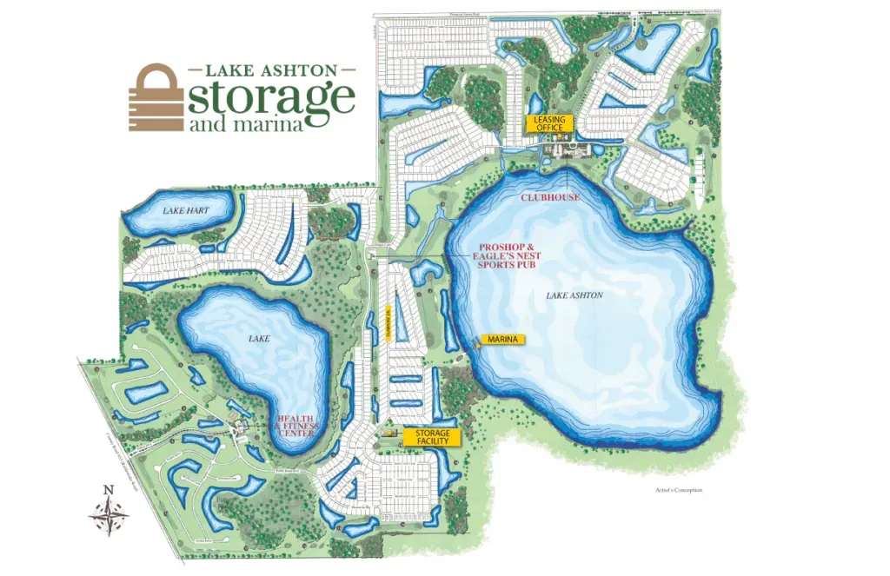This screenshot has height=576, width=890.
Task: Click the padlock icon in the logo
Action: coord(155,98)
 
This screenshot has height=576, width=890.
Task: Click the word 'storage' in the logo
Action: coord(270,97)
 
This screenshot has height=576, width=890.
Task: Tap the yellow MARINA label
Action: coord(503,339)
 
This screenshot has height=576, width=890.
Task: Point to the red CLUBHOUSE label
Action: coord(549,197)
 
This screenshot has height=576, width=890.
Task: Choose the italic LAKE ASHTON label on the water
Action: coord(575,295)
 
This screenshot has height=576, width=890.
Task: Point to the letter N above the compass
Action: coord(108,490)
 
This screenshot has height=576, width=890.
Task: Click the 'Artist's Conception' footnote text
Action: coord(679,491)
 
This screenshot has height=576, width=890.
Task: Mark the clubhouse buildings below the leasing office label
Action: coord(565,151)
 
